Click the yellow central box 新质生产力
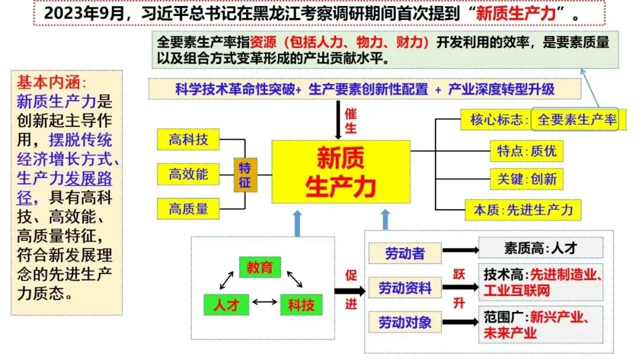(x=341, y=172)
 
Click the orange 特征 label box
(x=245, y=175)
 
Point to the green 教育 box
(x=260, y=268)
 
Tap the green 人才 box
(x=225, y=304)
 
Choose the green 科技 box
(x=301, y=304)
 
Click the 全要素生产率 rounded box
(x=576, y=120)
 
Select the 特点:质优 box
(x=527, y=151)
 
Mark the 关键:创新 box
(x=527, y=179)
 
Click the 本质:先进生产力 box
(x=523, y=209)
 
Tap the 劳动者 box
(x=405, y=253)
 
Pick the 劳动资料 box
(x=405, y=288)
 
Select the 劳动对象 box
(x=405, y=323)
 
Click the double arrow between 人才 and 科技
(x=264, y=303)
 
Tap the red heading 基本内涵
(x=51, y=82)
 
